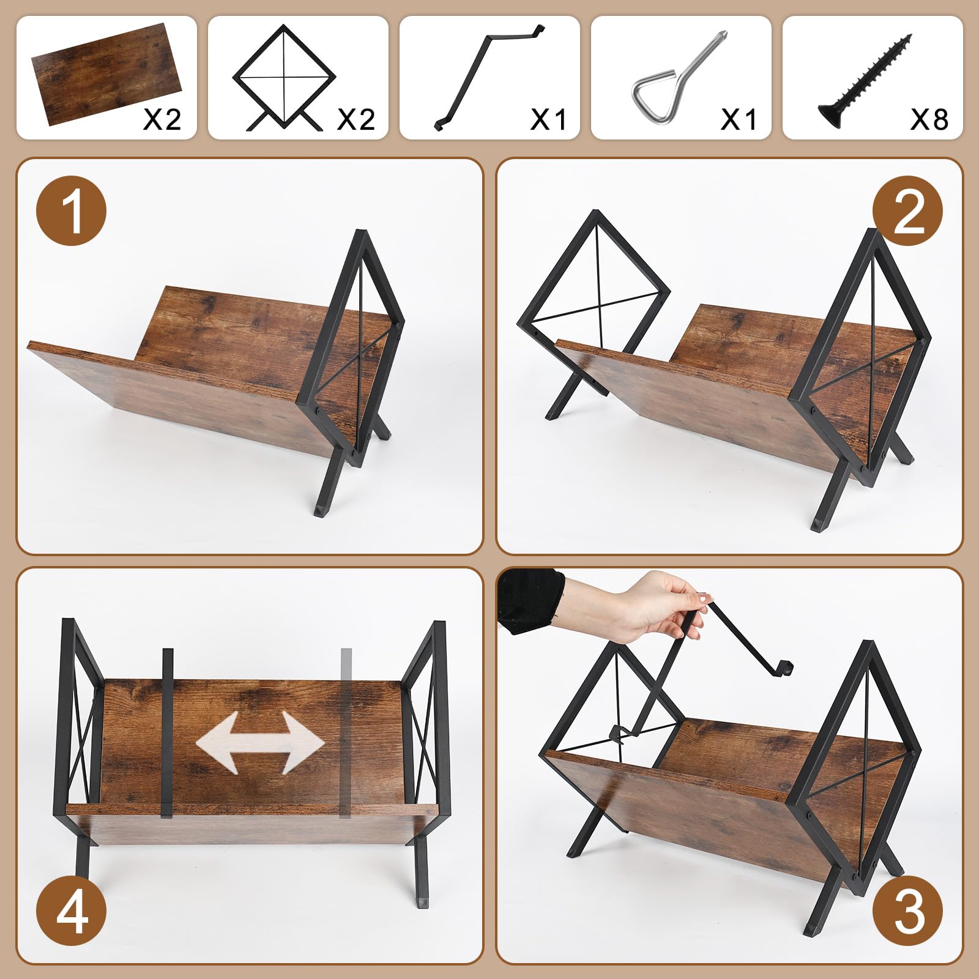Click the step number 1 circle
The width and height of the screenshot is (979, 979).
(x=72, y=211)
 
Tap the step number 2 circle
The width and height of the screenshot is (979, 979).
(x=908, y=211)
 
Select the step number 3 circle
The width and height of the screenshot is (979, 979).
(x=908, y=912)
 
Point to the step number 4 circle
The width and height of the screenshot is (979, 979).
(x=72, y=912)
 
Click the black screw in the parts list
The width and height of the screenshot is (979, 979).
(x=864, y=81)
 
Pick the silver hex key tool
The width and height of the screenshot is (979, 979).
(x=679, y=81)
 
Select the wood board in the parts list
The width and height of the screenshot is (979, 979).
(x=106, y=73)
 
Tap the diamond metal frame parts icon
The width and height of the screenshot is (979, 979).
(x=285, y=78)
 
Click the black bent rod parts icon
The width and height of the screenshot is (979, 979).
(x=488, y=77)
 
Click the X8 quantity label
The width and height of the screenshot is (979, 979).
(x=929, y=119)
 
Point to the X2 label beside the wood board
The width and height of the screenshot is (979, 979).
(x=162, y=119)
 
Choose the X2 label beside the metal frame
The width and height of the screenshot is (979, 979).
(x=356, y=119)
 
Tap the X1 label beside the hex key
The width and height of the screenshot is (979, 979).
(x=738, y=119)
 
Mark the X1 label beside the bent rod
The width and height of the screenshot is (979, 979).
(x=548, y=119)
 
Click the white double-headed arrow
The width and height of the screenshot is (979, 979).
(x=260, y=743)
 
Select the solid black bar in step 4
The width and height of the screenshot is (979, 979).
(x=167, y=733)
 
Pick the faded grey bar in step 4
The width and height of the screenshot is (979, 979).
(x=346, y=732)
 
